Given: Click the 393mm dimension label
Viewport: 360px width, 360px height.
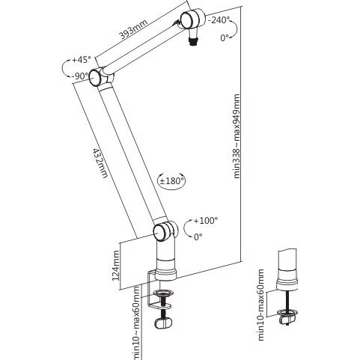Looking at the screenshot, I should click(x=135, y=35).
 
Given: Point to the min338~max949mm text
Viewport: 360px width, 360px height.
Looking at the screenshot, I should click(x=237, y=136).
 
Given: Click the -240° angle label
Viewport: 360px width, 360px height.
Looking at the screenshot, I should click(x=219, y=20).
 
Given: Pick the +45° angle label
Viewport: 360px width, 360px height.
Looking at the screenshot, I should click(x=82, y=59).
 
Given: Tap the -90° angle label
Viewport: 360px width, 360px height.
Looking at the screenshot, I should click(x=80, y=76).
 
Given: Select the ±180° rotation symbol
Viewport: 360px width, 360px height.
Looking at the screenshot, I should click(x=172, y=180).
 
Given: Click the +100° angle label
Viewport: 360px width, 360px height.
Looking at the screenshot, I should click(x=205, y=221).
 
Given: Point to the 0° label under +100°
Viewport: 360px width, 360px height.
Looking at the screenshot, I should click(x=198, y=237).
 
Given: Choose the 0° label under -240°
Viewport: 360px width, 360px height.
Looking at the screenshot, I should click(x=225, y=38).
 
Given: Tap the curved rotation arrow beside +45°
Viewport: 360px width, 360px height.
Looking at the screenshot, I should click(x=66, y=67).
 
